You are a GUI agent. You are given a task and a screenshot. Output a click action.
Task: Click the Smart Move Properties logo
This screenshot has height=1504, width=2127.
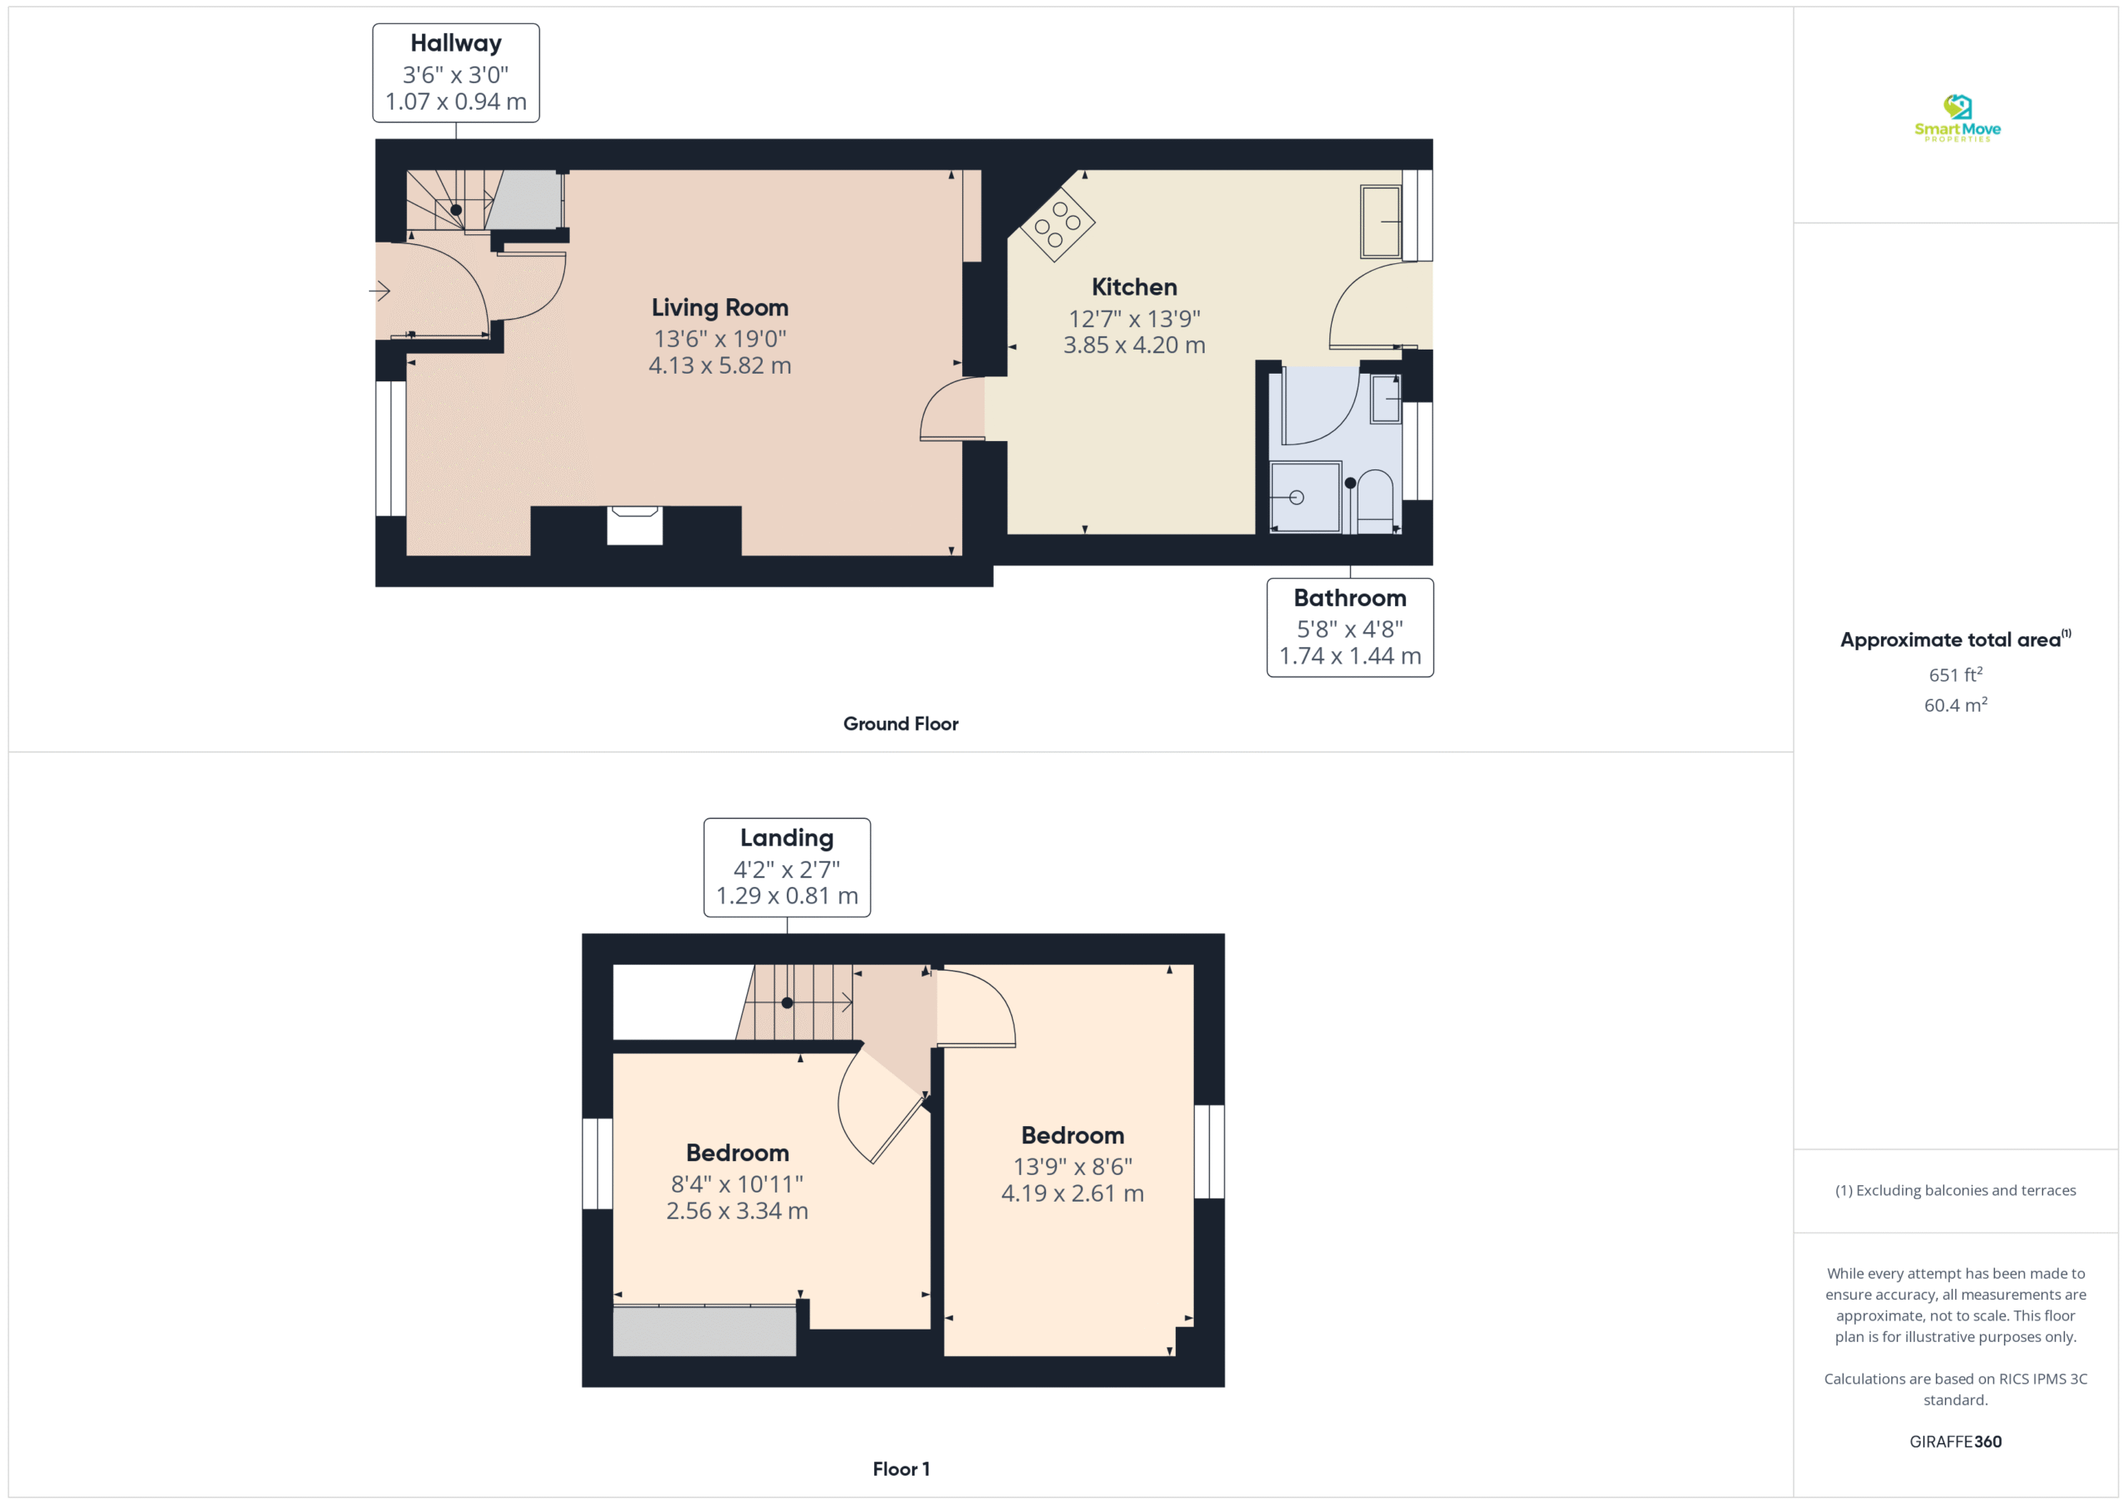1957,118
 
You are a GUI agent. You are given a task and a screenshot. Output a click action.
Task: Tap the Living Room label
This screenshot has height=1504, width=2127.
720,307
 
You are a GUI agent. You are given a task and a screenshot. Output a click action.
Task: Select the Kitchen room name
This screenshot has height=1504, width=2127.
1134,287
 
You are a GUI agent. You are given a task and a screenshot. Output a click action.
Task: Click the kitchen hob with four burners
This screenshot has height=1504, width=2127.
1058,224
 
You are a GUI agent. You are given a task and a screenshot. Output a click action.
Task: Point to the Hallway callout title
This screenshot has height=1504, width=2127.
456,43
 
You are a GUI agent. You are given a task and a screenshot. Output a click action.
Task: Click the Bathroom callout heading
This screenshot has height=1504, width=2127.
1350,598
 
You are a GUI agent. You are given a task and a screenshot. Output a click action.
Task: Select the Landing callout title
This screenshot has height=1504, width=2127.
787,838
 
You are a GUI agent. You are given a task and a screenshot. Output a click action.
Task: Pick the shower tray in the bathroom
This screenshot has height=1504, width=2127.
1304,497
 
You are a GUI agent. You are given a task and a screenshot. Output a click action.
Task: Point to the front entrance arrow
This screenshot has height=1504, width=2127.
379,291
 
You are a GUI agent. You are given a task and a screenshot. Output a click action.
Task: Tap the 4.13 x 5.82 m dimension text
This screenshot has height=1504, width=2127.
720,365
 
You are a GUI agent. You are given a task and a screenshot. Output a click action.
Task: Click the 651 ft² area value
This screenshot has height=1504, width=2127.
1956,674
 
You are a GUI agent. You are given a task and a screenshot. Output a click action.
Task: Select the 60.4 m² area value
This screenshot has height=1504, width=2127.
1956,705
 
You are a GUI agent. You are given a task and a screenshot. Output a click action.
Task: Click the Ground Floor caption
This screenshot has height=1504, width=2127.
901,724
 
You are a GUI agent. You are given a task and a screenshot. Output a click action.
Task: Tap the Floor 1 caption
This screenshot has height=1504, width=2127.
901,1469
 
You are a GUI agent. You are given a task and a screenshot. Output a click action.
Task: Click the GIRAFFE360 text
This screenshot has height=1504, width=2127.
1956,1442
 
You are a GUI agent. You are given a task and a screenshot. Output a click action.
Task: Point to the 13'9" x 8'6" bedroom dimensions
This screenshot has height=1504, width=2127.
1073,1167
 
